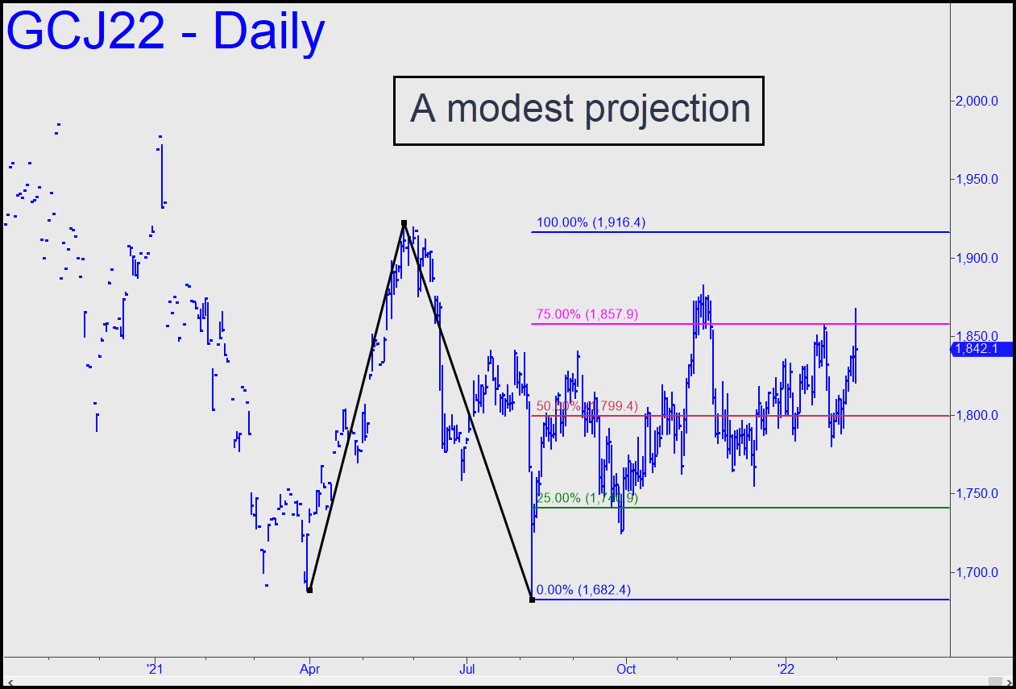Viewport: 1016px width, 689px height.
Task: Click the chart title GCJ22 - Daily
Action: (x=166, y=32)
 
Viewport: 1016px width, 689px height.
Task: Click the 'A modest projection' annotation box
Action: (x=578, y=110)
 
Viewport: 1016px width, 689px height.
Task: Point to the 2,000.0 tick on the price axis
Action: (x=977, y=102)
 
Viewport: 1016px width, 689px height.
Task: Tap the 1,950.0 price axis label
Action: (x=977, y=180)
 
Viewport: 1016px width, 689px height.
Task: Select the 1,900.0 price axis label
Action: (x=977, y=259)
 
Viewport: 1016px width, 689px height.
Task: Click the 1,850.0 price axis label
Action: (x=977, y=337)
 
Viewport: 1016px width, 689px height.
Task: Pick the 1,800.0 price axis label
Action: (x=977, y=416)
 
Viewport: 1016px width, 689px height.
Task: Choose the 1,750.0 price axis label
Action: (x=977, y=494)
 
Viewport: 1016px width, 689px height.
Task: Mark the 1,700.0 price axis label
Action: (x=977, y=573)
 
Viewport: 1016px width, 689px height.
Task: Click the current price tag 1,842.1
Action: (x=981, y=349)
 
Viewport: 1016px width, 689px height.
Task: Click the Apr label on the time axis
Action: (x=309, y=669)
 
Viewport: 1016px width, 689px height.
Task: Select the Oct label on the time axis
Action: (x=627, y=669)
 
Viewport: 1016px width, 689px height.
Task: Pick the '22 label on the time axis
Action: (x=785, y=669)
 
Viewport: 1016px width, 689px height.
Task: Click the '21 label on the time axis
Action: (x=156, y=669)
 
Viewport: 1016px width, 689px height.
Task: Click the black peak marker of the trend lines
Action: (x=404, y=223)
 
